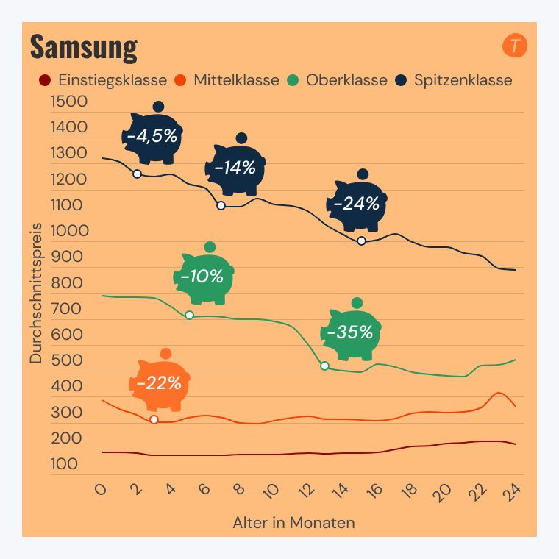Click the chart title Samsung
pos(83,47)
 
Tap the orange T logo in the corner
pos(515,46)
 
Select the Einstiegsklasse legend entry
pos(103,80)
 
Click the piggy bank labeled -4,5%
pos(152,137)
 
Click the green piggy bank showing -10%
pos(202,277)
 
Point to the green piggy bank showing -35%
pos(349,333)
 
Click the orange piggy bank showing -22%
pos(159,383)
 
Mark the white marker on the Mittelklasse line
pos(154,419)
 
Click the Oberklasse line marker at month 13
pos(324,366)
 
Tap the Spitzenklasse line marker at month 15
pos(361,241)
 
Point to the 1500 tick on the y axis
pos(69,102)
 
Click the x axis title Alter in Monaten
pos(293,524)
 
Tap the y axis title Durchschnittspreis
pos(36,293)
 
